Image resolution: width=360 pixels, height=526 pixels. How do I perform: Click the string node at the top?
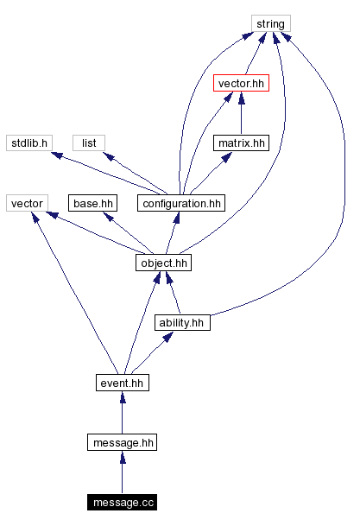click(x=271, y=23)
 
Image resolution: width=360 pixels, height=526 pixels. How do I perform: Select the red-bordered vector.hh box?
click(x=240, y=83)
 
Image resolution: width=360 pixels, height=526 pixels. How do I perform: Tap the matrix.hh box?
click(x=240, y=143)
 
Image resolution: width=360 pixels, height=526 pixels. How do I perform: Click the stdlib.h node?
click(x=29, y=143)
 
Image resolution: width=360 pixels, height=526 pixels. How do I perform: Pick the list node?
click(x=88, y=143)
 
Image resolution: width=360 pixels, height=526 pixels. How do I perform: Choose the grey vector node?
click(x=26, y=203)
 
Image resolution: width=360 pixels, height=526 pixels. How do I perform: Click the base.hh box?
click(x=92, y=203)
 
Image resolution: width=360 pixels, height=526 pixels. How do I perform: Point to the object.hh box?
click(x=162, y=263)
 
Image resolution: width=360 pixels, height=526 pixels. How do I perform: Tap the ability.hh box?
click(x=182, y=322)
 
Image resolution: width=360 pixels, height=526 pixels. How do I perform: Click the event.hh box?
click(x=122, y=382)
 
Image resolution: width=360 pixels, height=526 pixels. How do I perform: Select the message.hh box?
click(x=122, y=442)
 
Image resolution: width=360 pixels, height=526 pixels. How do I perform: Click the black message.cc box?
click(x=122, y=502)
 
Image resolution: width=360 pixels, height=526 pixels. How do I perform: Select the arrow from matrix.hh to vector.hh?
click(x=240, y=112)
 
